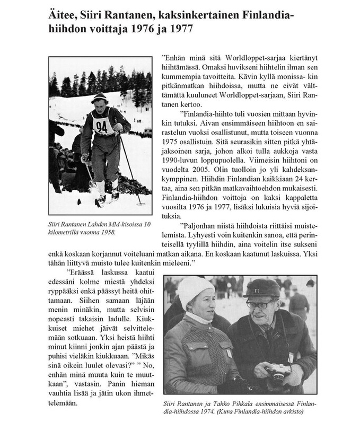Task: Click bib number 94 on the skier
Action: pyautogui.click(x=102, y=127)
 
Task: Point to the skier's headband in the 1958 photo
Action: pyautogui.click(x=99, y=97)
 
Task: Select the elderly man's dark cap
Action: pyautogui.click(x=261, y=289)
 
